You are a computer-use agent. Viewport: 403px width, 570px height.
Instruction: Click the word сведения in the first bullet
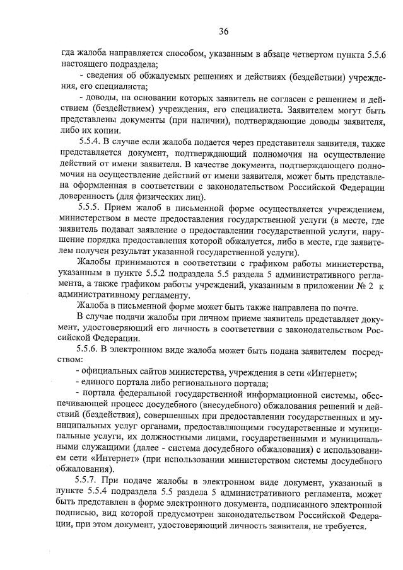pyautogui.click(x=103, y=77)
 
